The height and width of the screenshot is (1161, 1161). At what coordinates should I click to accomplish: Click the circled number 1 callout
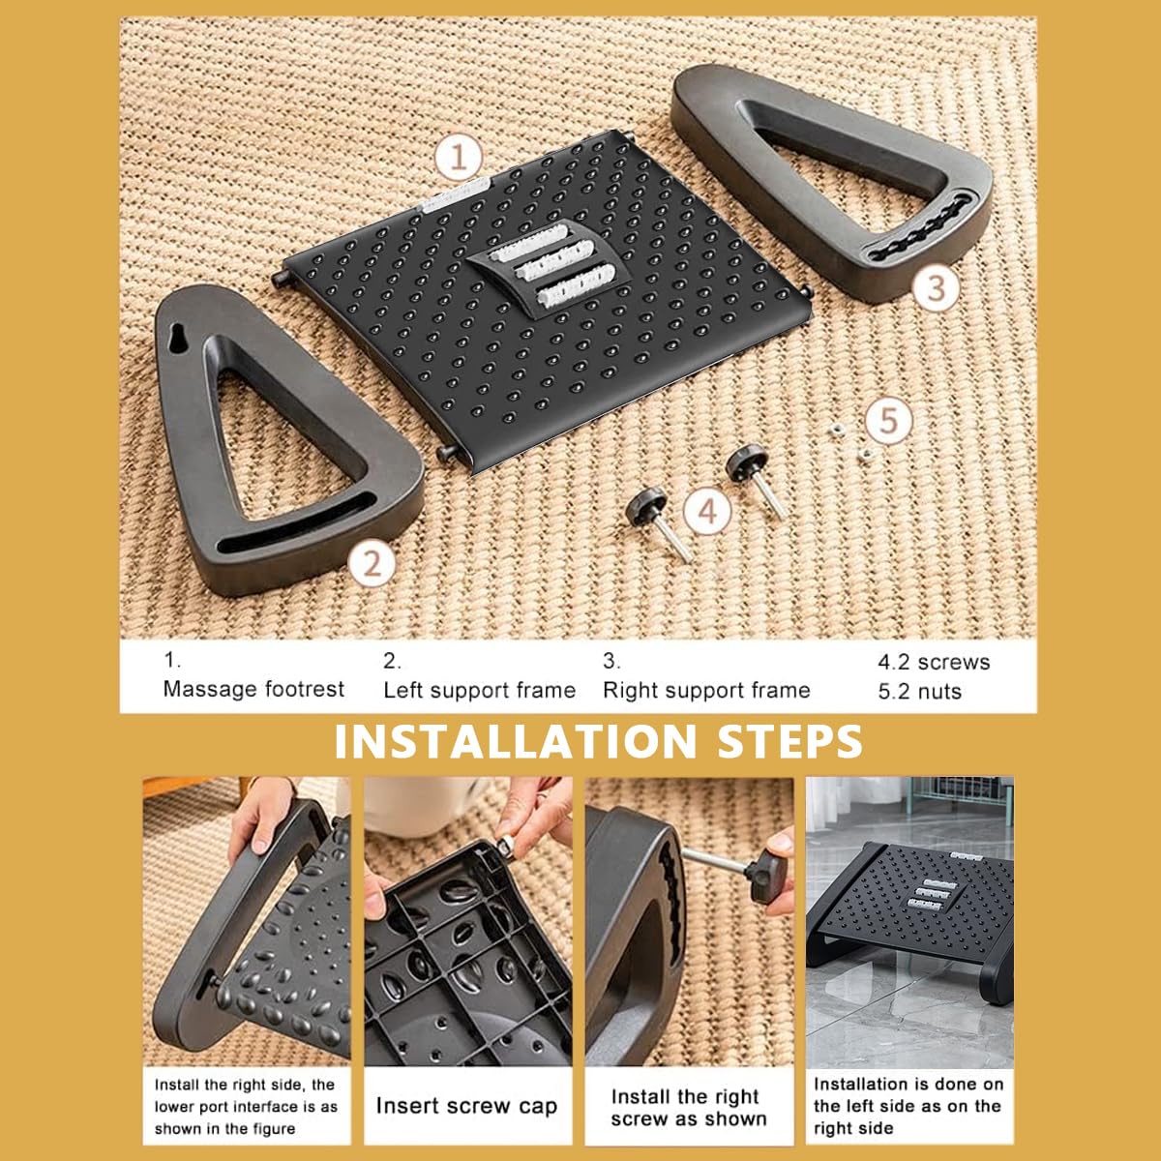(460, 158)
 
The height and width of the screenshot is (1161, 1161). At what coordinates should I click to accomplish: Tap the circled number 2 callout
(372, 564)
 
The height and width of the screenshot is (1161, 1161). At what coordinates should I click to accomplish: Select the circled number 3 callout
(935, 287)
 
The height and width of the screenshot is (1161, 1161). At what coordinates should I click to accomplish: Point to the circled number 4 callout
(707, 512)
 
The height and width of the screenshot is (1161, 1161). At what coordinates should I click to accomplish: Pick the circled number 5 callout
(889, 420)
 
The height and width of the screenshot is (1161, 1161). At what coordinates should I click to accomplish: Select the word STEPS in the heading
(790, 742)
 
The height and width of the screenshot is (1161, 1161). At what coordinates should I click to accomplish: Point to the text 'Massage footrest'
(253, 689)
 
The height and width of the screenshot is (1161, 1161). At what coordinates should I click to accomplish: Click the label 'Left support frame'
(480, 691)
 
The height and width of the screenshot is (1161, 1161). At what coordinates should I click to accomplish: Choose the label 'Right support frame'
(706, 691)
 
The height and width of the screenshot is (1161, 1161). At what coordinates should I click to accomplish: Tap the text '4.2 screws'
(934, 662)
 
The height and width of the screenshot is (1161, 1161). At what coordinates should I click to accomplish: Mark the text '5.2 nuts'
(919, 691)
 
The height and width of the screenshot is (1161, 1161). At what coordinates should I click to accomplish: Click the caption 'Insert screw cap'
(466, 1106)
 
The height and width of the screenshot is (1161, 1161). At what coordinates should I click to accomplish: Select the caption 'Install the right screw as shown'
(689, 1108)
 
